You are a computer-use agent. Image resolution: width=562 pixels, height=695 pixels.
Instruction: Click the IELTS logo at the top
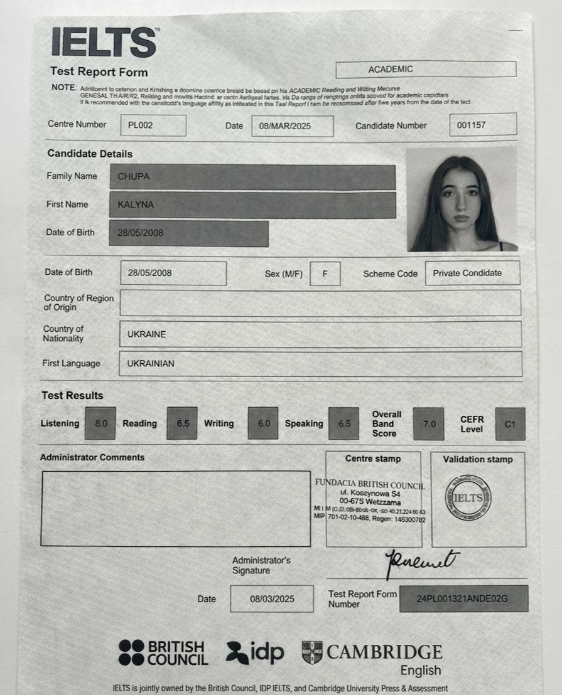pos(104,43)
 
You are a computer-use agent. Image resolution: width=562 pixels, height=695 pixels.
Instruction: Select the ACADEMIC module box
pos(426,69)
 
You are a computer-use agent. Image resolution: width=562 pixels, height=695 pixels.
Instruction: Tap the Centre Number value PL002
pos(153,125)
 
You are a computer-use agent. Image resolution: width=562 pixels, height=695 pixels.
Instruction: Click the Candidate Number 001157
pos(483,125)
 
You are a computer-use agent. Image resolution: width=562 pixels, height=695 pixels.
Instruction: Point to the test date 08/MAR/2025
pos(292,125)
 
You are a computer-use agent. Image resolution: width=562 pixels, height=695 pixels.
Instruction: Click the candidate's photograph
pos(461,200)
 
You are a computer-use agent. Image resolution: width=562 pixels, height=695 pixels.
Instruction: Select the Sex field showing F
pos(325,273)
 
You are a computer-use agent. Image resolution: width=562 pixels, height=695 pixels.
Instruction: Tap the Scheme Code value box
pos(472,273)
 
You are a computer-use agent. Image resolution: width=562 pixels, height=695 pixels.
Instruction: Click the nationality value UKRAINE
pos(147,334)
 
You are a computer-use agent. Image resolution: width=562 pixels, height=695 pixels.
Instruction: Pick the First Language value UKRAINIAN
pos(151,363)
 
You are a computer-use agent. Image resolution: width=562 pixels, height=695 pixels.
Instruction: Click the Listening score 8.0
pos(101,423)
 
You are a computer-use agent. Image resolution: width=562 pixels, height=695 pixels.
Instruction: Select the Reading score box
pos(183,423)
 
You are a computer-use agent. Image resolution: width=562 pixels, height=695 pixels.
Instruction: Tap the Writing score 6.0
pos(264,423)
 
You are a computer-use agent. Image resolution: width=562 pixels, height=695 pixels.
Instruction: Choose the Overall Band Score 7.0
pos(429,424)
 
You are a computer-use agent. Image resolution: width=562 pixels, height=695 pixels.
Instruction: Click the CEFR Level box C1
pos(510,424)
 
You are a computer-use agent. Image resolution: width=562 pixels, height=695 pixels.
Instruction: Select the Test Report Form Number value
pos(463,598)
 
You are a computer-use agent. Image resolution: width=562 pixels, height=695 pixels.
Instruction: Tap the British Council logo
pos(163,652)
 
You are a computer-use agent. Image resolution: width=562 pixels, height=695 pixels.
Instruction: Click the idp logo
pos(256,652)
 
